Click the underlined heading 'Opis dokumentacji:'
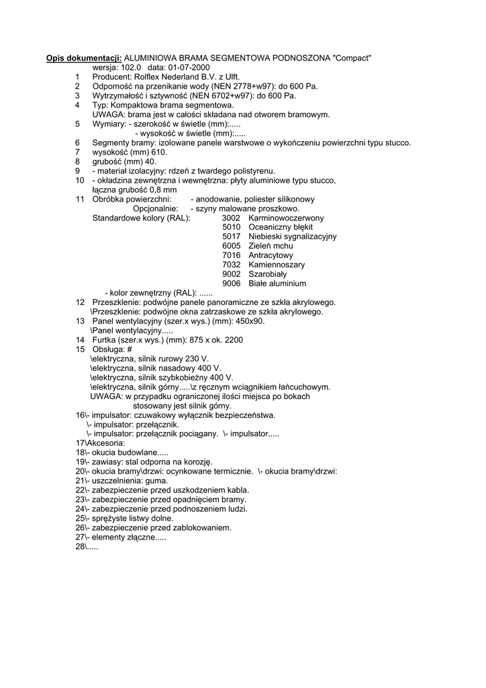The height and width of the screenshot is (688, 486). [x=84, y=58]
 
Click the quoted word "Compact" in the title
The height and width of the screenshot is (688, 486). [x=352, y=58]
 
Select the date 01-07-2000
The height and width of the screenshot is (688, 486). [x=188, y=68]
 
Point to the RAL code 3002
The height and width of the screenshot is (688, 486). [x=231, y=218]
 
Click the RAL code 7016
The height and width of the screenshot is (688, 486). [x=231, y=256]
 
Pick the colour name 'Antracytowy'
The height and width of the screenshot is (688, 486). [x=271, y=256]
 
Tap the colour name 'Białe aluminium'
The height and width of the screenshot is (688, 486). [x=277, y=284]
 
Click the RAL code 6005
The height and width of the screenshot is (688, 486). [x=231, y=247]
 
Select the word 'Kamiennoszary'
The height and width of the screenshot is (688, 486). [x=277, y=265]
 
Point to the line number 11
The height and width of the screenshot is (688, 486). [x=80, y=200]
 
